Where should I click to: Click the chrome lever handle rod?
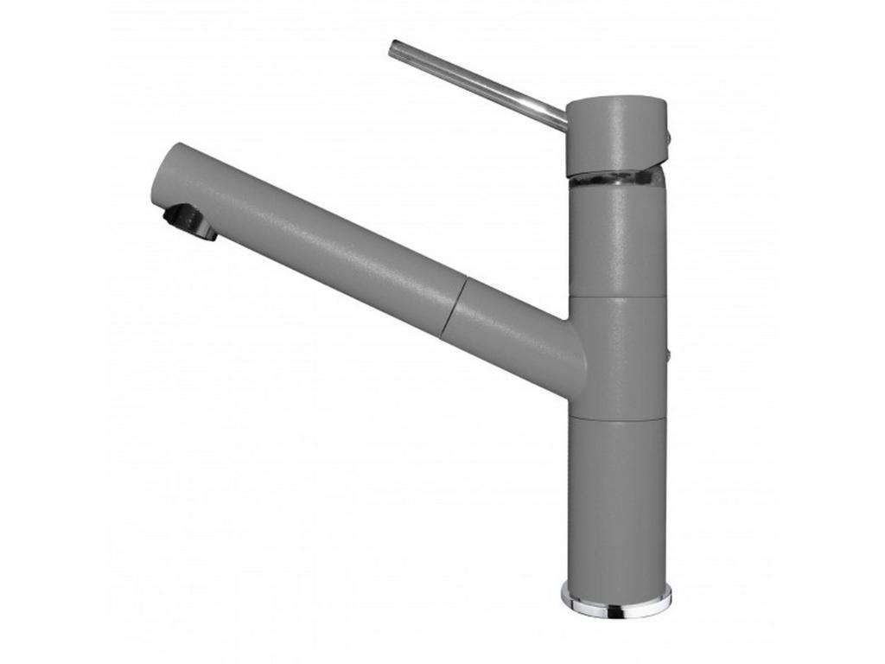475,82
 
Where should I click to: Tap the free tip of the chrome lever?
394,48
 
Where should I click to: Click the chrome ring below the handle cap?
615,181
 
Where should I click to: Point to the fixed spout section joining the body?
510,333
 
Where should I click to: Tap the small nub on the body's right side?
666,354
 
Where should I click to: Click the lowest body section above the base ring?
615,501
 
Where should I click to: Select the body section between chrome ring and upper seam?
617,242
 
